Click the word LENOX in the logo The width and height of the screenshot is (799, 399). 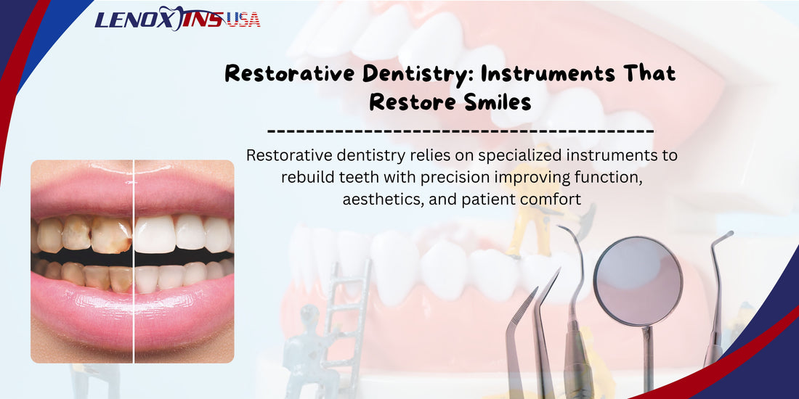pyautogui.click(x=135, y=19)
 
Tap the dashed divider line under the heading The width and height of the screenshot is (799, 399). pyautogui.click(x=461, y=131)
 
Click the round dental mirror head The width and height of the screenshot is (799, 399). pyautogui.click(x=638, y=279)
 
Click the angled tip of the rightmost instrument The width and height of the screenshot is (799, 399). pyautogui.click(x=726, y=235)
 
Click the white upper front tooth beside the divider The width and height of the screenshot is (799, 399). pyautogui.click(x=154, y=234)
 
